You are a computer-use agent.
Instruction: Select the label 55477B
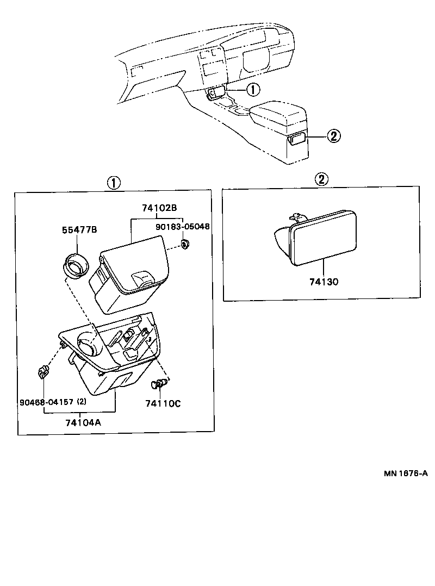79,230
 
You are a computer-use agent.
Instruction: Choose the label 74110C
163,403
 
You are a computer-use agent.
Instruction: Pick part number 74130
324,282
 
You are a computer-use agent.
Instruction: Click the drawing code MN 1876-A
405,473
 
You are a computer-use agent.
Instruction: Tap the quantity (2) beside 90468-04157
82,402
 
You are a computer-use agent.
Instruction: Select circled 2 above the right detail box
322,179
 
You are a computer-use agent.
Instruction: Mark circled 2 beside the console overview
333,136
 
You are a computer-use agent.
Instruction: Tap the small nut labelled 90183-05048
185,244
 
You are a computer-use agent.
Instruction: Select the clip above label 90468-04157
42,373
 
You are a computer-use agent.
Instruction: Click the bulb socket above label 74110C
158,385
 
